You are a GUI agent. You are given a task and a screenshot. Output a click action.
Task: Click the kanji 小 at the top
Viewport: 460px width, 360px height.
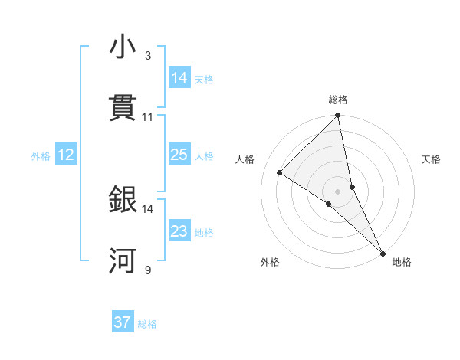pyautogui.click(x=123, y=47)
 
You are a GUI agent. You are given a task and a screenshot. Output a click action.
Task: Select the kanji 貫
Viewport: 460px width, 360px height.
pyautogui.click(x=123, y=109)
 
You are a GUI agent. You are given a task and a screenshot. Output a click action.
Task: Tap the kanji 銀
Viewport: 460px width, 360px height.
pyautogui.click(x=123, y=200)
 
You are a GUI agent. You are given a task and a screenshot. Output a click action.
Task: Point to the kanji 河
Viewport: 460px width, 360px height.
pyautogui.click(x=123, y=261)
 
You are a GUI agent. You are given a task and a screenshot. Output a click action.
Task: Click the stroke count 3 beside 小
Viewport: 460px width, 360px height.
pyautogui.click(x=147, y=56)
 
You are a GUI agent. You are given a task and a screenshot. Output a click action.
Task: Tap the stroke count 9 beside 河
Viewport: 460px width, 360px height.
pyautogui.click(x=147, y=270)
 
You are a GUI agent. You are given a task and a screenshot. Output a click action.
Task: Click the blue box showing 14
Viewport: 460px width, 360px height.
pyautogui.click(x=179, y=78)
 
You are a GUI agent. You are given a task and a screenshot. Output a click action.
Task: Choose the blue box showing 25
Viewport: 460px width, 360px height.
pyautogui.click(x=179, y=155)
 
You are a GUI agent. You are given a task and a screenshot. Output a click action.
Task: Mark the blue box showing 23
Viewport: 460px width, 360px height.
pyautogui.click(x=179, y=231)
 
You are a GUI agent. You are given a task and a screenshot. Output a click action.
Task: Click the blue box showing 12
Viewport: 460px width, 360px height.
pyautogui.click(x=66, y=155)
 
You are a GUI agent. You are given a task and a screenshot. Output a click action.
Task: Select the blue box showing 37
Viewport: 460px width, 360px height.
pyautogui.click(x=123, y=322)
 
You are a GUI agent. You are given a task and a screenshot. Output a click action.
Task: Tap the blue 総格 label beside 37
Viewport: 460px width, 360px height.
pyautogui.click(x=147, y=324)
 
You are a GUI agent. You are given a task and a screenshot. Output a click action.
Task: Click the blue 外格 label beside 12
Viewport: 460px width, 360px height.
pyautogui.click(x=41, y=156)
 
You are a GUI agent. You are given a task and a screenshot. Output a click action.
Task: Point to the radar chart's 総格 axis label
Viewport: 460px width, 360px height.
pyautogui.click(x=338, y=100)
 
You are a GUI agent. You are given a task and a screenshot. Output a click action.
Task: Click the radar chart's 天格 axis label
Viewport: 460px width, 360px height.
pyautogui.click(x=431, y=159)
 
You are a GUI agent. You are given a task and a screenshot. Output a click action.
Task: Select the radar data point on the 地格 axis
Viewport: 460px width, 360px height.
pyautogui.click(x=382, y=252)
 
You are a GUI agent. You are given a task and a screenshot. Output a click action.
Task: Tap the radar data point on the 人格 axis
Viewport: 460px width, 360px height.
pyautogui.click(x=280, y=172)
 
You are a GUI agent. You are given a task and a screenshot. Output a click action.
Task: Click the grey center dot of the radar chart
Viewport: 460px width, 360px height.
pyautogui.click(x=338, y=191)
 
